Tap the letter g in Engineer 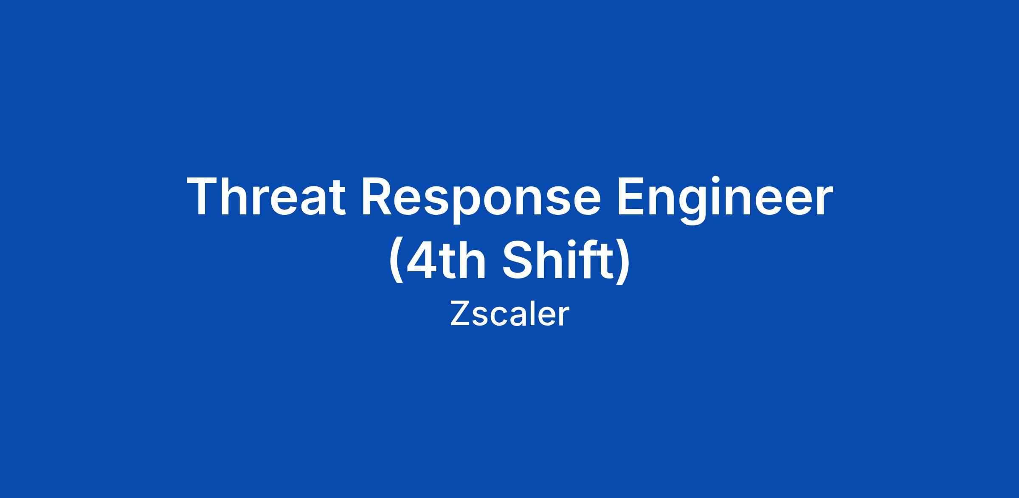coord(696,206)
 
